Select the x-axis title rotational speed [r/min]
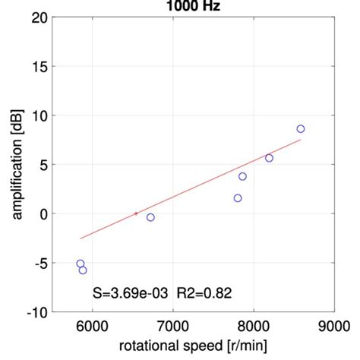[192, 347]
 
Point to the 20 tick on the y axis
[39, 17]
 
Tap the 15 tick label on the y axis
[39, 67]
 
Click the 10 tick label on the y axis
[39, 115]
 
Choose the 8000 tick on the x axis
[253, 327]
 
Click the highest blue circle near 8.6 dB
[301, 129]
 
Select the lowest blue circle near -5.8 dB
[83, 270]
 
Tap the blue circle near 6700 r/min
[150, 217]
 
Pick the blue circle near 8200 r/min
[269, 158]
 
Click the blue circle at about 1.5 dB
[238, 198]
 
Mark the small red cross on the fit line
[136, 214]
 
